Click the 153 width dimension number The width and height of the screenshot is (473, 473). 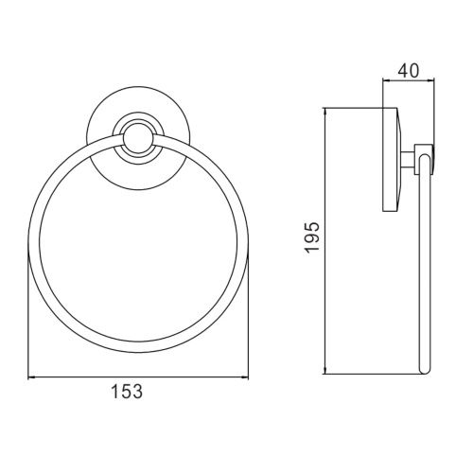click(x=127, y=392)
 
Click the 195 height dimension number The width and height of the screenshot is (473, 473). click(x=312, y=236)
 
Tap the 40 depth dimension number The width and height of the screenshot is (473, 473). click(x=409, y=71)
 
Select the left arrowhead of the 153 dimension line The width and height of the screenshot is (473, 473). click(x=31, y=377)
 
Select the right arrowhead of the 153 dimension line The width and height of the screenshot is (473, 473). click(x=245, y=377)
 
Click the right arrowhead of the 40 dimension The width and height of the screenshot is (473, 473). click(x=431, y=80)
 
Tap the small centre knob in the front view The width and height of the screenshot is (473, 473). click(x=138, y=138)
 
